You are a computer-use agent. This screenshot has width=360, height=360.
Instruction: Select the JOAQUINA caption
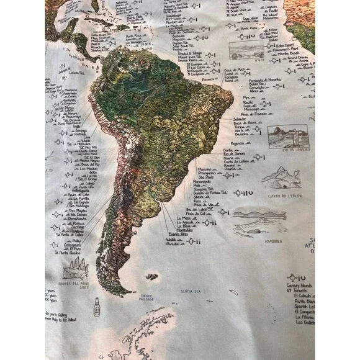[x=272, y=240]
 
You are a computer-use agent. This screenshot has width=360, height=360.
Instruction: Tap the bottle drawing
[x=96, y=308]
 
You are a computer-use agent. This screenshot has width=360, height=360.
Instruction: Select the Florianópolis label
[x=205, y=180]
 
